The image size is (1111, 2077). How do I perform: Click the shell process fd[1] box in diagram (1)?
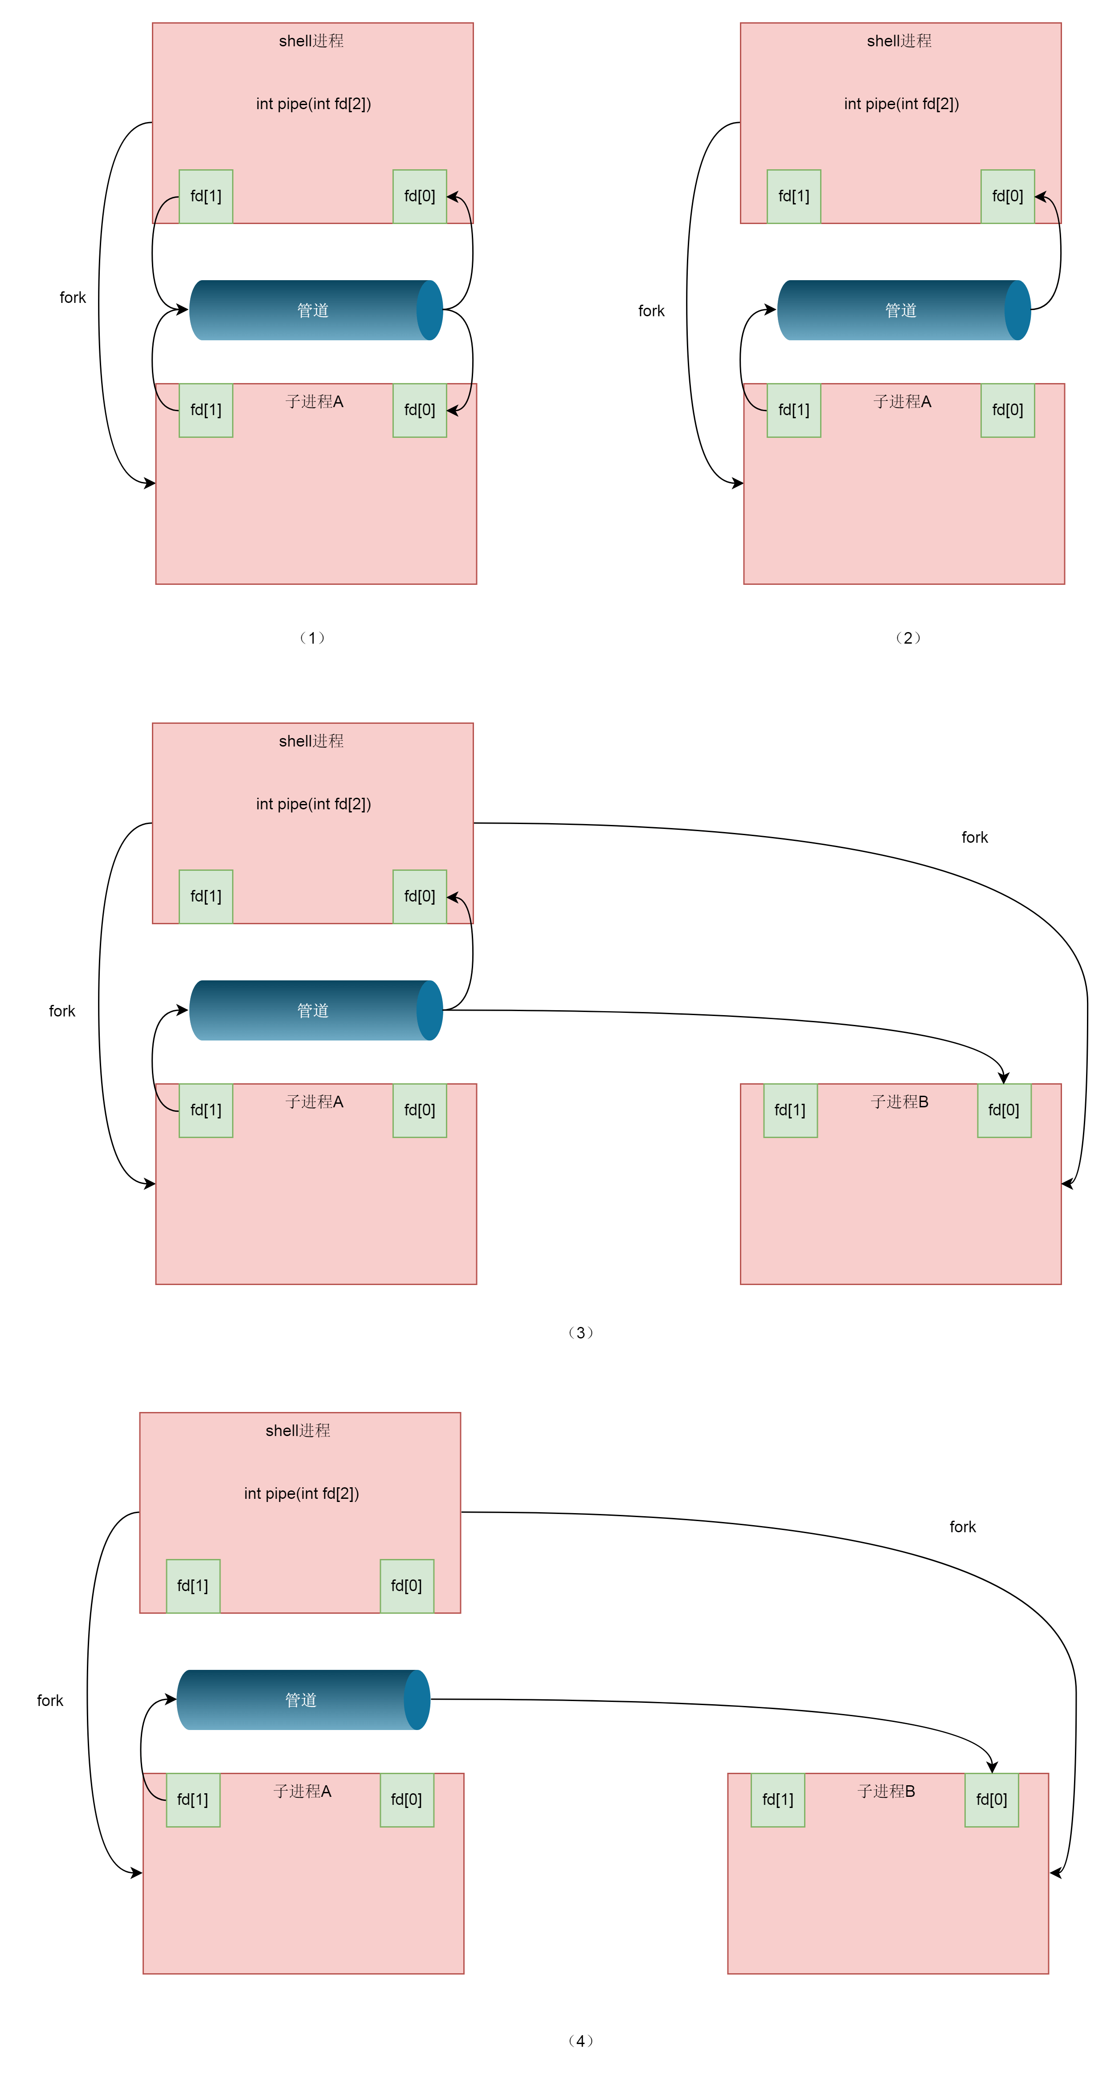[206, 196]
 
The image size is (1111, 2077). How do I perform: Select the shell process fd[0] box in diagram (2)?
[1007, 196]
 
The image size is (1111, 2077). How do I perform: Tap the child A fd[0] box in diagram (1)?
[419, 410]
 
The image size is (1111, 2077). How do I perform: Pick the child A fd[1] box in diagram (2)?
[793, 410]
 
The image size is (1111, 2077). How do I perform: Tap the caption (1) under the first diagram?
[312, 638]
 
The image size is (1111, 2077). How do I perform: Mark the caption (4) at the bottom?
[580, 2041]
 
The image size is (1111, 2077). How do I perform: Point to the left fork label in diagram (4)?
[50, 1701]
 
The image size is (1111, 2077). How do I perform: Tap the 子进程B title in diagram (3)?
[899, 1102]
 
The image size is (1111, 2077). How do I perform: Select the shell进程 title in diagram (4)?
[298, 1430]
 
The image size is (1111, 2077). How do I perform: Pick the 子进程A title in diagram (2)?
[901, 401]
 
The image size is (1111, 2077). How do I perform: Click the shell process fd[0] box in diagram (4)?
[406, 1585]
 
